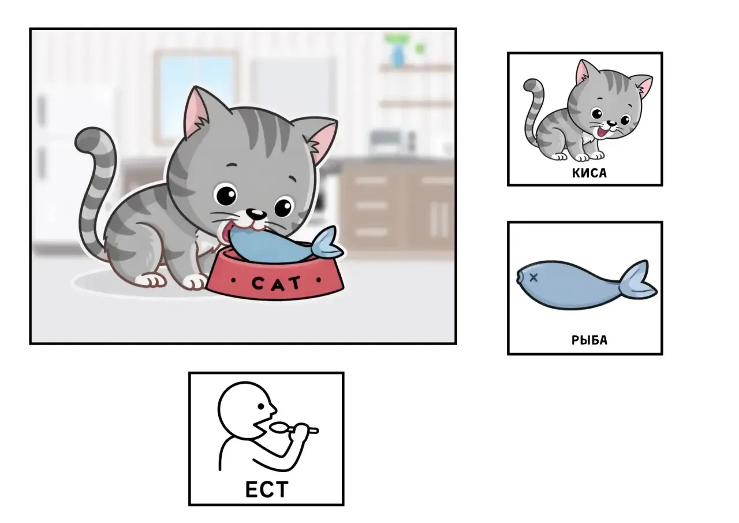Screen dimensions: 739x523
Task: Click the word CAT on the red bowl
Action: click(276, 283)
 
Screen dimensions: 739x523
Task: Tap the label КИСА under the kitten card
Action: click(589, 173)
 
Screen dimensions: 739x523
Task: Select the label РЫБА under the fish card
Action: click(589, 340)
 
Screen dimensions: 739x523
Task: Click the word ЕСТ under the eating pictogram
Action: click(267, 489)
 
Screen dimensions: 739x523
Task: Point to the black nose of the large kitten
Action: click(256, 214)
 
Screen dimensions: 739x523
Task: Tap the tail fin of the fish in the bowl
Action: click(327, 244)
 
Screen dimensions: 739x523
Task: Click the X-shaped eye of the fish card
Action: click(533, 277)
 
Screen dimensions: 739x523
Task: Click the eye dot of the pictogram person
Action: click(261, 406)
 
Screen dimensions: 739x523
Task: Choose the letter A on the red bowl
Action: click(276, 284)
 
